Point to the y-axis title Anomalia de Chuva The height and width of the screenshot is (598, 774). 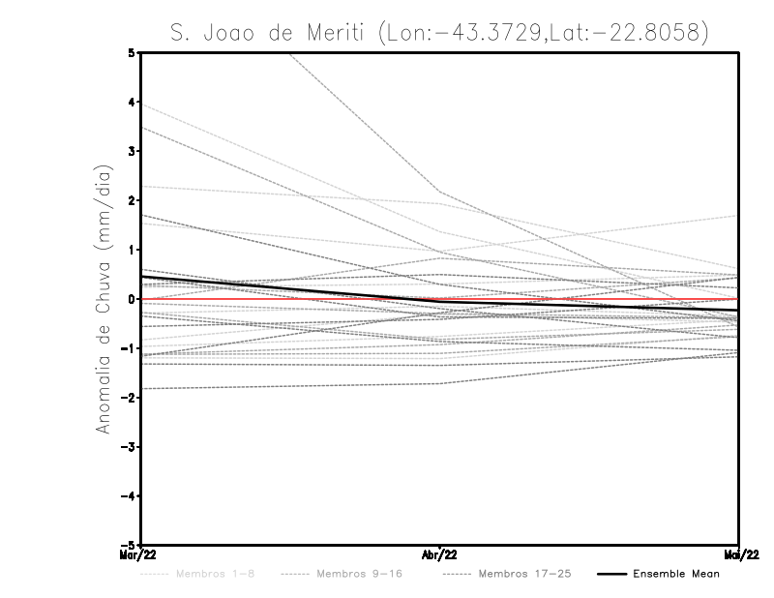click(104, 299)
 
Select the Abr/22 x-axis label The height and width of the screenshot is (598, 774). click(440, 554)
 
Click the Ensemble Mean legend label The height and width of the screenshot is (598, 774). click(675, 574)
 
